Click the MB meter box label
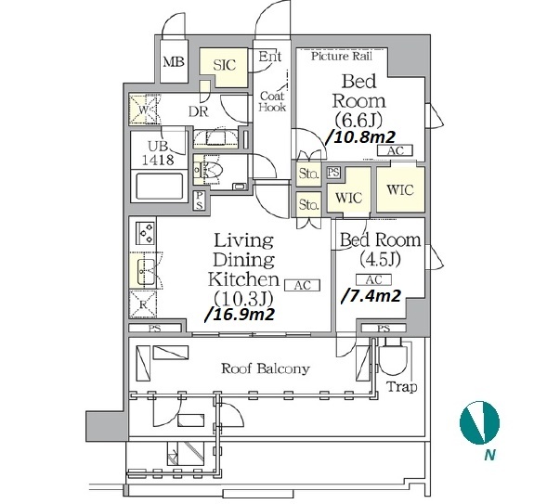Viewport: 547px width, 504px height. point(174,62)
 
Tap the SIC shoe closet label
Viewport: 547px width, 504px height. point(225,65)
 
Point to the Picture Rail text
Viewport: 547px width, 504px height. point(342,56)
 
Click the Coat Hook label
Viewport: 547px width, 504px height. point(272,101)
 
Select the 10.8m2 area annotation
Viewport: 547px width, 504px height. point(360,137)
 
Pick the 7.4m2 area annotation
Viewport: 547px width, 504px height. point(371,296)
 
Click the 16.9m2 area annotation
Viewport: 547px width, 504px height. point(240,315)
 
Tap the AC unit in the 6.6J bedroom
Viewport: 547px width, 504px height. point(396,150)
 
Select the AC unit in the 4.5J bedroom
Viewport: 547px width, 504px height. point(373,280)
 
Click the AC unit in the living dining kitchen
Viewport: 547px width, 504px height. point(302,286)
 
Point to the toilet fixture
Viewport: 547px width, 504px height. point(208,170)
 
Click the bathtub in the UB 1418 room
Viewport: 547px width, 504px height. point(160,186)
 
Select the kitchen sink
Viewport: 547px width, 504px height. point(144,271)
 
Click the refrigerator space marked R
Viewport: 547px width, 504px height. point(143,304)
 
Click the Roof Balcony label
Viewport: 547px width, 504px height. point(266,368)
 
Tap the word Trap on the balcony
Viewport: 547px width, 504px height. point(402,387)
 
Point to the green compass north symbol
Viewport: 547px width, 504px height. point(480,422)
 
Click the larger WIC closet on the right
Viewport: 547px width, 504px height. point(400,189)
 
